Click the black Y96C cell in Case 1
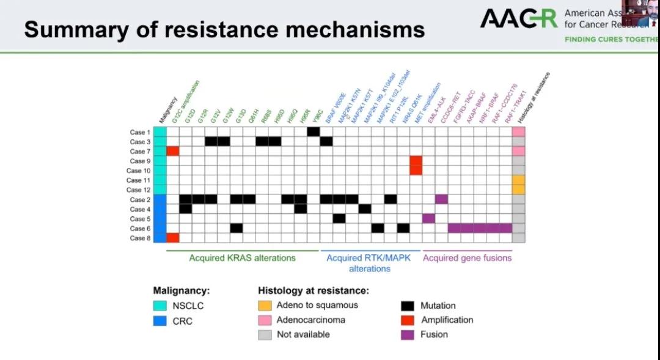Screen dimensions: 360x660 [x=313, y=132]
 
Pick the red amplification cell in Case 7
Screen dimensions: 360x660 [x=172, y=151]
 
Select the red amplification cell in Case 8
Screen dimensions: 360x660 [x=172, y=238]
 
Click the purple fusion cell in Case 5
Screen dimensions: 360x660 [x=428, y=218]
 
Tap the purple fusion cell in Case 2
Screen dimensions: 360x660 [x=441, y=199]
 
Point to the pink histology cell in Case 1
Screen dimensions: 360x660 [x=519, y=132]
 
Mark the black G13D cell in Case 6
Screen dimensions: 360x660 [x=237, y=228]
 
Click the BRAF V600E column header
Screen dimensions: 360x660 [x=335, y=108]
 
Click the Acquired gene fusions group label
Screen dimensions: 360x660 [x=468, y=258]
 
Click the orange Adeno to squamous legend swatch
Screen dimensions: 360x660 [x=264, y=305]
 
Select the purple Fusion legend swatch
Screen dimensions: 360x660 [x=408, y=334]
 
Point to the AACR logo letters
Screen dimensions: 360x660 [x=518, y=19]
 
